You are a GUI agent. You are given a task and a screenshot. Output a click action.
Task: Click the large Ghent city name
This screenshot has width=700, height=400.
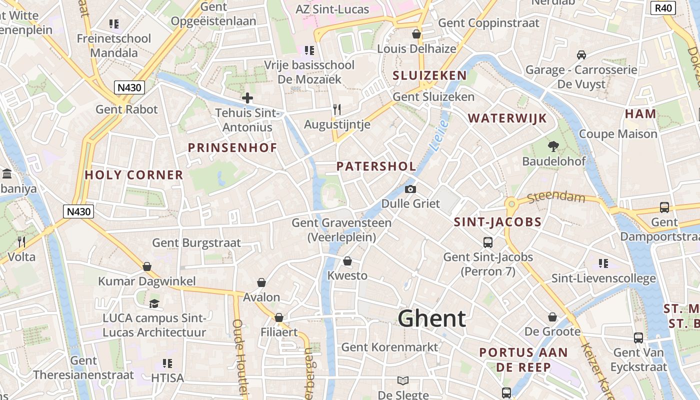tap(432, 318)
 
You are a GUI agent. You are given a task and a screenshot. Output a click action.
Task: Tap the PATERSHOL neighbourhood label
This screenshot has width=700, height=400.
tap(376, 166)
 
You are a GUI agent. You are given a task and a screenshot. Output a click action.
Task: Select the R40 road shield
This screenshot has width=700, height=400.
tap(663, 7)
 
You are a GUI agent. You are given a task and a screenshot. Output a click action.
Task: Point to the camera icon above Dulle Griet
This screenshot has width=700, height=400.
tap(410, 189)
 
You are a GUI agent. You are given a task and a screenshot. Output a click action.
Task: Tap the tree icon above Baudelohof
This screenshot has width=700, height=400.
tap(553, 146)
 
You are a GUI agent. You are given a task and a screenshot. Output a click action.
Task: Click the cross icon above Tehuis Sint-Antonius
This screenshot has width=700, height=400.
tap(247, 98)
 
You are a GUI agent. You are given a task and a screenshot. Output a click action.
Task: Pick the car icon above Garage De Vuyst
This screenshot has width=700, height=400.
tap(581, 54)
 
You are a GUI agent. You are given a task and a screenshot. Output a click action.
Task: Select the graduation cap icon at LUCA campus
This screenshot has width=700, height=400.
tap(154, 303)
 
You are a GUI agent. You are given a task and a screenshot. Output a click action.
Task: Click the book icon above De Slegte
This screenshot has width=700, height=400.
tap(402, 380)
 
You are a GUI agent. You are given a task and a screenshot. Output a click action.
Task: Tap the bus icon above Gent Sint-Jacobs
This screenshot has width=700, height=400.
tap(488, 242)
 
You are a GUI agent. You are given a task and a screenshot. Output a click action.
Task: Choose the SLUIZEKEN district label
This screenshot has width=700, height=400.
tap(429, 76)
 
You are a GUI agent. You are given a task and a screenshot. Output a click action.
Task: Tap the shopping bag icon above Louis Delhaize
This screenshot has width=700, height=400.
tap(416, 34)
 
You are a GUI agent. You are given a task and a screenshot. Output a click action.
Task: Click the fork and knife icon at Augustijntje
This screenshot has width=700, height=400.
tap(337, 109)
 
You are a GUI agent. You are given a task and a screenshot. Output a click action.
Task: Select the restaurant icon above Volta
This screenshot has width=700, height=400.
tap(21, 242)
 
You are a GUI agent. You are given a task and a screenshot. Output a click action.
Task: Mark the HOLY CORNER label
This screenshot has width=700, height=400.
tap(134, 175)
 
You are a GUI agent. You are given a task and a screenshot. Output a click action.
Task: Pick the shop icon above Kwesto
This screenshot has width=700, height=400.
tap(347, 261)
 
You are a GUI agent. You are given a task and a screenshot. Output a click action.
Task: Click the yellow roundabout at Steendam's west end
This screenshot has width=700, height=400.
tap(511, 204)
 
